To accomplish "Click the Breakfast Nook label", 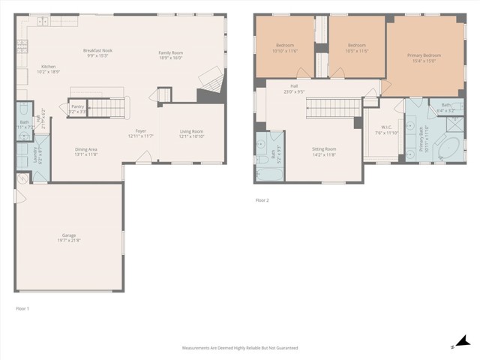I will [97, 50].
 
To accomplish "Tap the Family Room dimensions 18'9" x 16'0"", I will [170, 57].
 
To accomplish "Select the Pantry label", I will [78, 106].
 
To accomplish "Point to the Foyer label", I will [140, 130].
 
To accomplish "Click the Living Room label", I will [191, 131].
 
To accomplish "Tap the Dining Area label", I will [85, 148].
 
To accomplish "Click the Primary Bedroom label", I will [424, 55].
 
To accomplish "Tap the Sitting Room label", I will [324, 148].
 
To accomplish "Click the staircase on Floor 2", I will [330, 109].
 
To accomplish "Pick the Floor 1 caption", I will [22, 308].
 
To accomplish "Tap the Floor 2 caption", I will [262, 200].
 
